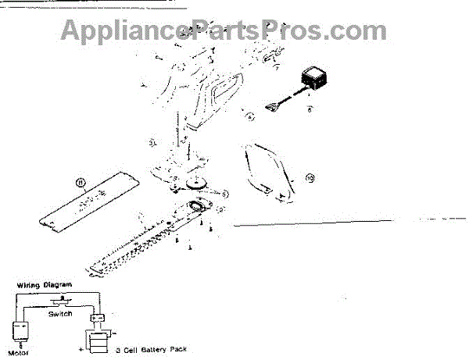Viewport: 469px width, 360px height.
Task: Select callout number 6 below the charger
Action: coord(309,110)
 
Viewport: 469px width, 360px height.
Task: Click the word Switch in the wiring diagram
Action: coord(59,313)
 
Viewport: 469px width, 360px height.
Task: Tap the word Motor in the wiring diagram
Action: coord(18,352)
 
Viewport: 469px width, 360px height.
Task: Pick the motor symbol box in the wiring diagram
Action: coord(20,331)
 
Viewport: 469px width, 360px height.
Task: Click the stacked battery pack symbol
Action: coord(98,341)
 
